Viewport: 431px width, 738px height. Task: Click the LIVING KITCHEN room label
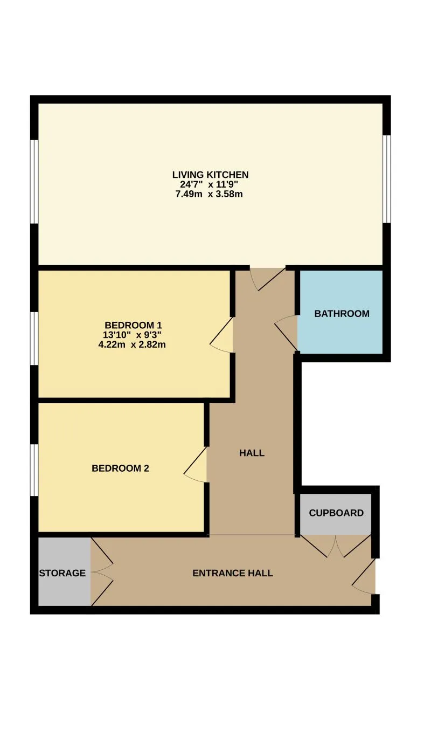point(210,175)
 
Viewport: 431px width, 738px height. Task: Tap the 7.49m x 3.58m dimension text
point(209,194)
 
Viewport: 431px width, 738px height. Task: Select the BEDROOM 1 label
point(134,326)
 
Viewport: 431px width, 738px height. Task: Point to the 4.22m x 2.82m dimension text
point(132,345)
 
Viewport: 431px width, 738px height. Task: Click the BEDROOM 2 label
point(120,468)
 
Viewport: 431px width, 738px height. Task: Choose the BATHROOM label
point(342,314)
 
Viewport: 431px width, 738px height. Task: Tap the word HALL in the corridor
point(252,453)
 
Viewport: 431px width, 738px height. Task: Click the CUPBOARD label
point(336,513)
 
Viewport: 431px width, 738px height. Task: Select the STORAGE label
point(62,573)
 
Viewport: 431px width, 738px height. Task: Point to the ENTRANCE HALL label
point(233,573)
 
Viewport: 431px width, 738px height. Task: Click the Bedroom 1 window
point(34,339)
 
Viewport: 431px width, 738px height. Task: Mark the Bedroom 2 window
point(34,471)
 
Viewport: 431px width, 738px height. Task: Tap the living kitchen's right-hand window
point(386,179)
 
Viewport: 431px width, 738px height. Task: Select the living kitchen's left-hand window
point(34,182)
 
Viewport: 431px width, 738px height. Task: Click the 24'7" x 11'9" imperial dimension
point(209,184)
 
